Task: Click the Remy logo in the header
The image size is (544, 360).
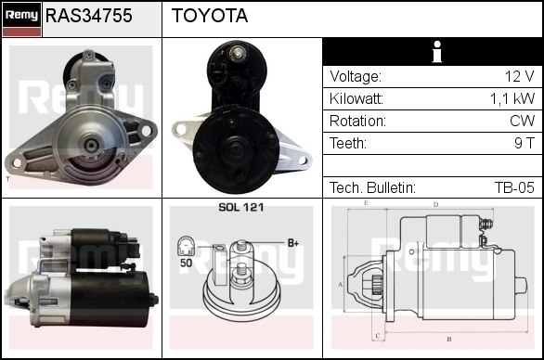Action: point(22,19)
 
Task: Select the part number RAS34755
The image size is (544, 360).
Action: point(89,16)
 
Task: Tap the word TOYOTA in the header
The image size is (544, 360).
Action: point(210,16)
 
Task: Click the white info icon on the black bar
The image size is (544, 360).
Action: point(437,52)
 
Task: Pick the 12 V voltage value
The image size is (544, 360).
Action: point(519,76)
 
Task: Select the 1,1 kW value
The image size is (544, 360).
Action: point(512,99)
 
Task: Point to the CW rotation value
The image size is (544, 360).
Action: point(522,121)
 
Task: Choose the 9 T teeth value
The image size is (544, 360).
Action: point(525,143)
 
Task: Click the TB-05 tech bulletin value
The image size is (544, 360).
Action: point(514,187)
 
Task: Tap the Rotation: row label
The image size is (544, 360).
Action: point(357,121)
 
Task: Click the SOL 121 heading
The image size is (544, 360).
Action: point(241,207)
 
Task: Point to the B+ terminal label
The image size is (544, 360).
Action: point(293,243)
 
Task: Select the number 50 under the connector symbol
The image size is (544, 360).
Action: point(186,263)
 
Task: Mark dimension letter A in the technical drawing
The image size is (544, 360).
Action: point(341,285)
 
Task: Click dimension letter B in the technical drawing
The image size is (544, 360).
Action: point(449,339)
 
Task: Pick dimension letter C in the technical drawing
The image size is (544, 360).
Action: point(378,336)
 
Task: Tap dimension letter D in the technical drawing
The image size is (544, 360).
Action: point(435,205)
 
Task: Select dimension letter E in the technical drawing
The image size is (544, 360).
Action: point(366,203)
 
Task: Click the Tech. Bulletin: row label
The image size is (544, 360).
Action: point(372,187)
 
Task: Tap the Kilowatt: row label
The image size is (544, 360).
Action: point(356,99)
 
